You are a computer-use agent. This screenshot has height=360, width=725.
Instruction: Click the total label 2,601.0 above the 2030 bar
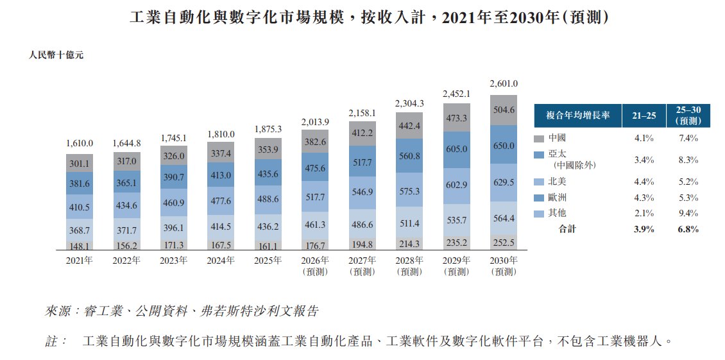point(503,83)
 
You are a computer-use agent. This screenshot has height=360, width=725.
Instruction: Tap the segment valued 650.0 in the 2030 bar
point(503,146)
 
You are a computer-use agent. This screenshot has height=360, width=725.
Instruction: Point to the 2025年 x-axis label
point(268,260)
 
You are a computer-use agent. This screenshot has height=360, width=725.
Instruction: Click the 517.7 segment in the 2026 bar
point(315,198)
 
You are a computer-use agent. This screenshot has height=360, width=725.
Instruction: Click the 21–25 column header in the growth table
point(644,116)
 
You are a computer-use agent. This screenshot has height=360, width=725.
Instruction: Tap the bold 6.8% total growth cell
point(688,229)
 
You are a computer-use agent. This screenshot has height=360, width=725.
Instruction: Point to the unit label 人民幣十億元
point(56,55)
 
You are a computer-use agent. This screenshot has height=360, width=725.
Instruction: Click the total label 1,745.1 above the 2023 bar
point(174,138)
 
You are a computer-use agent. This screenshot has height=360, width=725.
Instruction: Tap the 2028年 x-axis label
point(409,260)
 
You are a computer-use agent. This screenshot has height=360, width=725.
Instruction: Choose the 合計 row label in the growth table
point(568,229)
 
